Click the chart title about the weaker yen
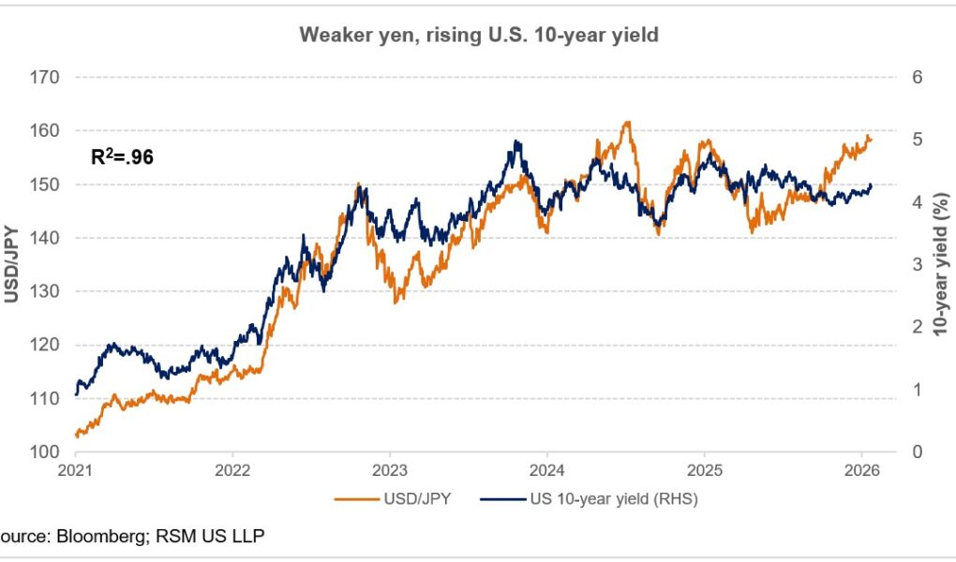(x=478, y=35)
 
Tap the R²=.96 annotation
(x=122, y=156)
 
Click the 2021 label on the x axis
(x=76, y=470)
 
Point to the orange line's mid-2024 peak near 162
(x=627, y=122)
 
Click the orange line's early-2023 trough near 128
(x=396, y=302)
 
